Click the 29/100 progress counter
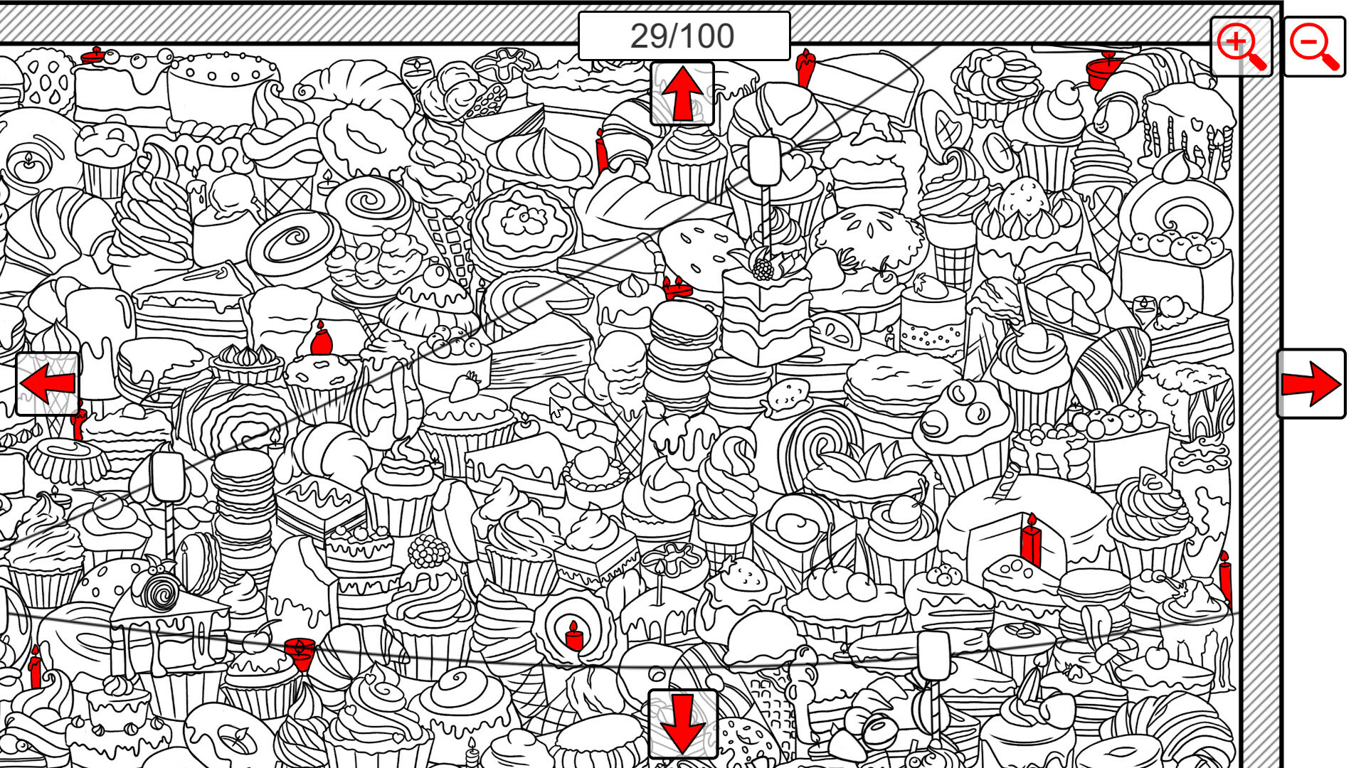point(683,36)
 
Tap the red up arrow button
point(682,94)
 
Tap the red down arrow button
point(682,723)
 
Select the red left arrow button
point(48,384)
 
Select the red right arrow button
point(1311,384)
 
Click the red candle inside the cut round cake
point(1030,540)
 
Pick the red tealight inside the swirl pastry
point(574,636)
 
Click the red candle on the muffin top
point(322,339)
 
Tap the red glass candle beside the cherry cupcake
point(300,652)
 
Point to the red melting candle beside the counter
point(805,69)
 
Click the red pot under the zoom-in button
point(1102,71)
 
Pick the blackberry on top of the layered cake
point(763,267)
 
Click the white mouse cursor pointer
point(556,409)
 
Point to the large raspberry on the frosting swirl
point(427,552)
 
